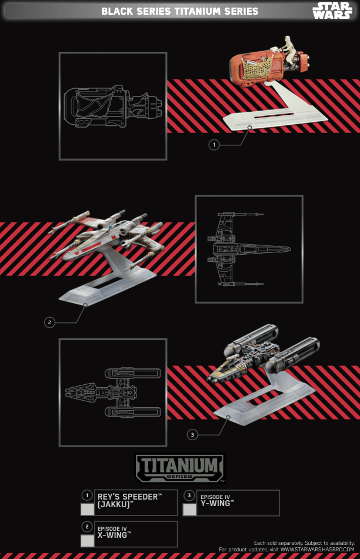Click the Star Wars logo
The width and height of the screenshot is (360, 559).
tap(332, 11)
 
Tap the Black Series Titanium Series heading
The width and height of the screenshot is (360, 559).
tap(179, 11)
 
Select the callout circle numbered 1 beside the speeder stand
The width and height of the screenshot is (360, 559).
tap(214, 145)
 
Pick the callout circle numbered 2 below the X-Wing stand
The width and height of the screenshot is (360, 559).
tap(49, 322)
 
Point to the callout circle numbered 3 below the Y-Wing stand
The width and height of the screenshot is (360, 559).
tap(192, 435)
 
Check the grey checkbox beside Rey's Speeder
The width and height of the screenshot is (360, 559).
tap(87, 509)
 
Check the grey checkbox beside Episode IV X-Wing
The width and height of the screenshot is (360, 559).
tap(87, 541)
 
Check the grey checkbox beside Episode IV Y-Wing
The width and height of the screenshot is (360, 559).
tap(189, 510)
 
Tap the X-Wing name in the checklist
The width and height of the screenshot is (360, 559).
tap(114, 535)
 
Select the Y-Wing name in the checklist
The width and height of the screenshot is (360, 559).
tap(217, 503)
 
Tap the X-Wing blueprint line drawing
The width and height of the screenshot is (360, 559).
tap(249, 249)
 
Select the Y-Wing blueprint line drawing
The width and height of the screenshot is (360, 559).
tap(112, 392)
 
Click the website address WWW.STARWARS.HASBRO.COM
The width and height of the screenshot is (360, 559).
tap(317, 550)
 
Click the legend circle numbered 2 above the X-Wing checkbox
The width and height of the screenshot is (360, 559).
tap(87, 526)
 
